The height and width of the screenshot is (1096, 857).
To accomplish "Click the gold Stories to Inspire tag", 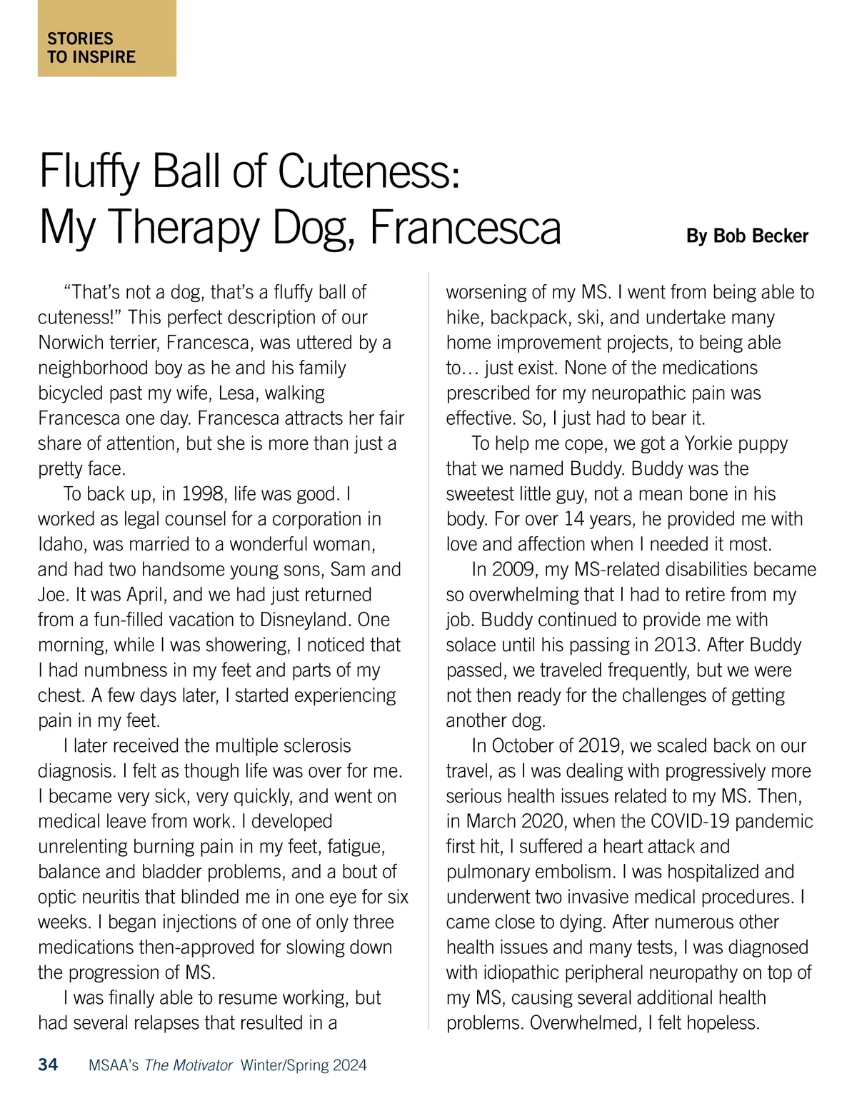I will point(106,39).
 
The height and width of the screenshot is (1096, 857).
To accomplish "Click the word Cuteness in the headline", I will point(364,172).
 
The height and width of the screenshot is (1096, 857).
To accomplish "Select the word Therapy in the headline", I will point(186,228).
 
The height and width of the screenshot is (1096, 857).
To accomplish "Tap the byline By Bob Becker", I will point(747,236).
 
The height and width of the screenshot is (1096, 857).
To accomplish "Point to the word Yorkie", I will point(713,443).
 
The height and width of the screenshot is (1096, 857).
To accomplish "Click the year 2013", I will point(676,645).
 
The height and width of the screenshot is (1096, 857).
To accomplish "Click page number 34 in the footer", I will point(48,1065).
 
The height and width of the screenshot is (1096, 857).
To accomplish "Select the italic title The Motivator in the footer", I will point(189,1066).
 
